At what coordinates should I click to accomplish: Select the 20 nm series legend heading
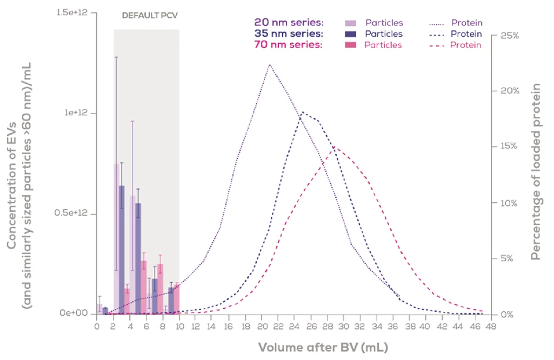(x=289, y=23)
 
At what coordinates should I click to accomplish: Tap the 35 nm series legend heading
(x=289, y=34)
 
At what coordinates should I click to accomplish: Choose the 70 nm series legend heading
(x=289, y=45)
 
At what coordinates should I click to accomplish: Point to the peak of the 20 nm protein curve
(x=269, y=64)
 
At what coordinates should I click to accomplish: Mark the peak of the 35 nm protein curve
(x=302, y=112)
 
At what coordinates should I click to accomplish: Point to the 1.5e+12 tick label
(x=73, y=12)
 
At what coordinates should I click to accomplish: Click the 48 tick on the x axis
(x=491, y=326)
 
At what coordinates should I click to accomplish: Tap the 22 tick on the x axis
(x=277, y=326)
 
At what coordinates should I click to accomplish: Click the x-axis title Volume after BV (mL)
(x=323, y=346)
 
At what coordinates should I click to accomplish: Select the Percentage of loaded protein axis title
(x=536, y=172)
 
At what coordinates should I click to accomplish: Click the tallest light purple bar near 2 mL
(x=116, y=238)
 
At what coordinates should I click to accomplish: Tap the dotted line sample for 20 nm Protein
(x=437, y=23)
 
